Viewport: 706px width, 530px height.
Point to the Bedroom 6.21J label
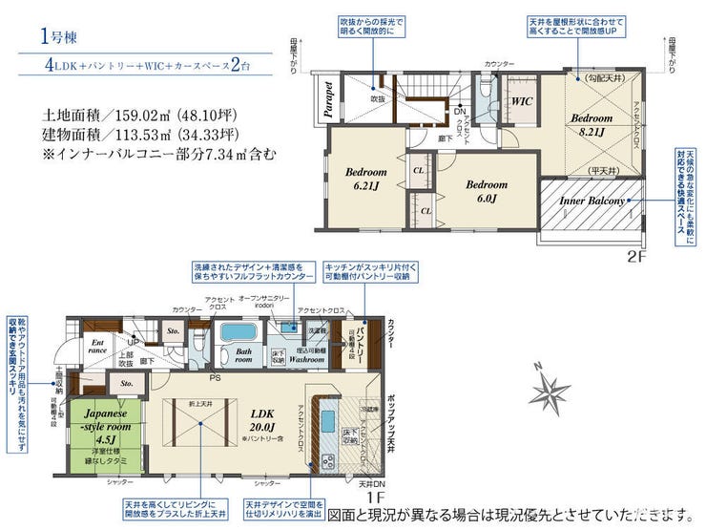[366, 179]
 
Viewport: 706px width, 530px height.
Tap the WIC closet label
[522, 100]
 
